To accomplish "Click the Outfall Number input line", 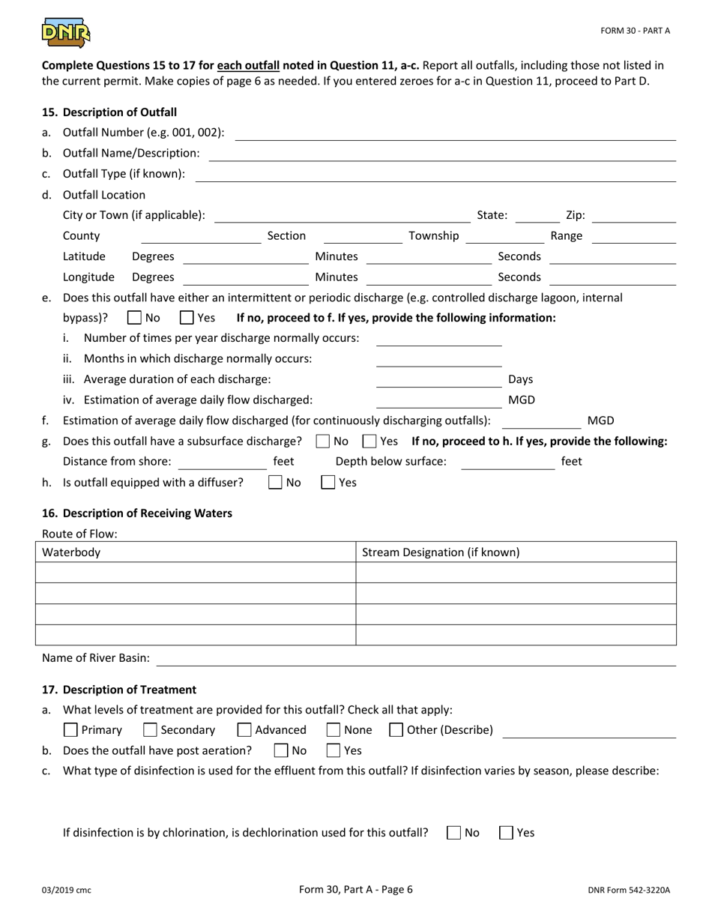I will coord(455,133).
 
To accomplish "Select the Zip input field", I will coord(633,215).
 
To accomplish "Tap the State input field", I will coord(537,215).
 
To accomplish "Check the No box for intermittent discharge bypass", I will coord(134,318).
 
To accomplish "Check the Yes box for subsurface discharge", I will coord(369,442).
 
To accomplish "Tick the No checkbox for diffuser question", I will coord(275,483).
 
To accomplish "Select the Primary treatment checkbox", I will coord(71,730).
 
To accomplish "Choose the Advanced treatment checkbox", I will coord(244,730).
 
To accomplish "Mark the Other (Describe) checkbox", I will coord(396,730).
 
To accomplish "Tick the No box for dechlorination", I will coord(453,833).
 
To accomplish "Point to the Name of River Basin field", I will coord(416,658).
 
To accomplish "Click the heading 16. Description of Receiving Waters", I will coord(137,513).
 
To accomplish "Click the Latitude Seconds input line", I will coord(612,257).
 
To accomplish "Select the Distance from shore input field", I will coord(221,462).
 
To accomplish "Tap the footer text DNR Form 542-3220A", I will coord(629,891).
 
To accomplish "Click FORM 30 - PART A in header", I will coord(635,31).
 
